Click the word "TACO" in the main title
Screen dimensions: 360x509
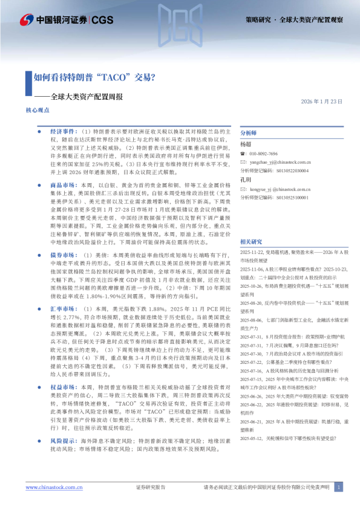(114, 77)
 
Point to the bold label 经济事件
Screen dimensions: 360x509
(62, 131)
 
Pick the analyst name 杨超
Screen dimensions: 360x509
(245, 144)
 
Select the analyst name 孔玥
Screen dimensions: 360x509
(245, 180)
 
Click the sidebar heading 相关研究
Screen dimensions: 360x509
(252, 241)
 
